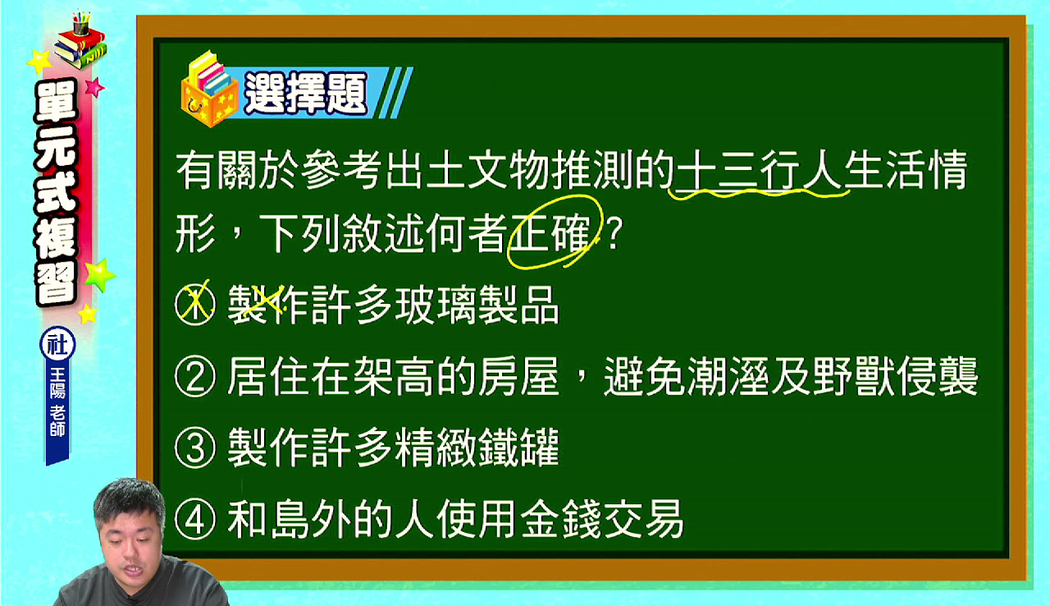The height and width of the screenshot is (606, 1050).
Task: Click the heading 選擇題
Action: coord(305,94)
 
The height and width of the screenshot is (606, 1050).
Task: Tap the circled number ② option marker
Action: coord(195,377)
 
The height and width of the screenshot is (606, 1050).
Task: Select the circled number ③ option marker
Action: coord(195,448)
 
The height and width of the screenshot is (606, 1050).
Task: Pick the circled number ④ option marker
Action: coord(195,520)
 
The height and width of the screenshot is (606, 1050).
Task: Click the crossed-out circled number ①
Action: coord(195,305)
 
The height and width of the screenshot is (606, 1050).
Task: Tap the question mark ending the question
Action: coord(614,233)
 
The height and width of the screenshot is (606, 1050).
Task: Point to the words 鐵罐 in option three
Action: coord(519,448)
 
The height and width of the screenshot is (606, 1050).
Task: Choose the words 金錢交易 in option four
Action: coord(602,520)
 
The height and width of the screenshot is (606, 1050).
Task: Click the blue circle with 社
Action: coord(57,345)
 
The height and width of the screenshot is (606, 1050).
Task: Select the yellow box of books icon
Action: coord(209,90)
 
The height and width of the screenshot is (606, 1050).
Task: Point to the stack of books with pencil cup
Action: coord(80,41)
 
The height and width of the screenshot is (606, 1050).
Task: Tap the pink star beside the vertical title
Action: coord(94,87)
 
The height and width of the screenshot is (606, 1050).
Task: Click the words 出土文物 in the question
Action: coord(468,170)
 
